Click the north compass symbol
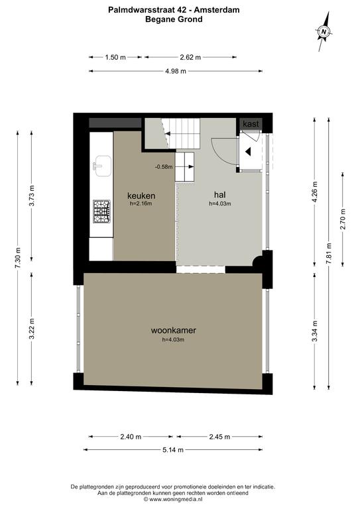(x=324, y=32)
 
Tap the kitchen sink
(x=102, y=166)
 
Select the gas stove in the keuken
(x=101, y=211)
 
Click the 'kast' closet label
(x=251, y=124)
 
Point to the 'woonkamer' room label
(x=173, y=331)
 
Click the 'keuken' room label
(x=141, y=196)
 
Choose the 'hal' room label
(x=219, y=195)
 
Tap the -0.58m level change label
(x=164, y=167)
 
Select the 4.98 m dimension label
(x=176, y=71)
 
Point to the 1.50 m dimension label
(x=115, y=57)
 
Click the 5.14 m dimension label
(x=173, y=449)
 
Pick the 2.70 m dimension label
(x=343, y=220)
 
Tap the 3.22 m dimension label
(x=31, y=329)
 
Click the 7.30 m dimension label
(x=18, y=257)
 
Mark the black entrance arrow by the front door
(x=248, y=151)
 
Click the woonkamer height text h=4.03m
(x=173, y=340)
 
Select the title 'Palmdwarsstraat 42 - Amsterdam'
(x=174, y=10)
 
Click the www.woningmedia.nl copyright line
(x=173, y=499)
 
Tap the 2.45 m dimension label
(x=219, y=437)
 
